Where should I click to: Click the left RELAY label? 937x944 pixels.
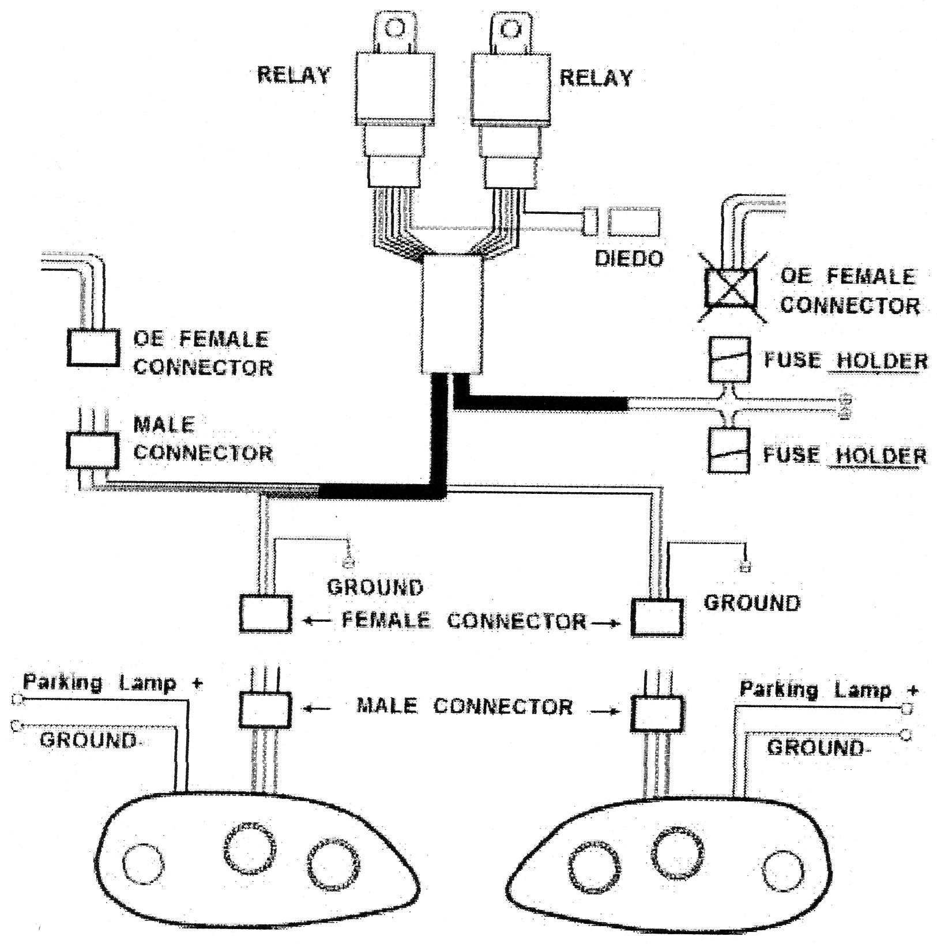click(x=293, y=75)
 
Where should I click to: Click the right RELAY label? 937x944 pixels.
click(x=596, y=77)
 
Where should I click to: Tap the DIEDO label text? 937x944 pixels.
click(x=629, y=259)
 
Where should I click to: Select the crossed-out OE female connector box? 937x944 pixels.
click(x=731, y=286)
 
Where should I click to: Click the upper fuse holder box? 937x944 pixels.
click(x=729, y=360)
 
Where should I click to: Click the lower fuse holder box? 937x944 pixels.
click(x=729, y=451)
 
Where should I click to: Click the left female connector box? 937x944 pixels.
click(x=265, y=614)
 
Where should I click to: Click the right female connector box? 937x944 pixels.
click(x=657, y=618)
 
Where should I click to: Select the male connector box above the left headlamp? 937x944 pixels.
click(x=265, y=709)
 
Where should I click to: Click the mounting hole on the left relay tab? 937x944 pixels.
click(x=394, y=27)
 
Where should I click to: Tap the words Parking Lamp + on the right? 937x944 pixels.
click(x=829, y=690)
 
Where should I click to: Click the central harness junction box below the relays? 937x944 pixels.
click(x=453, y=315)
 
